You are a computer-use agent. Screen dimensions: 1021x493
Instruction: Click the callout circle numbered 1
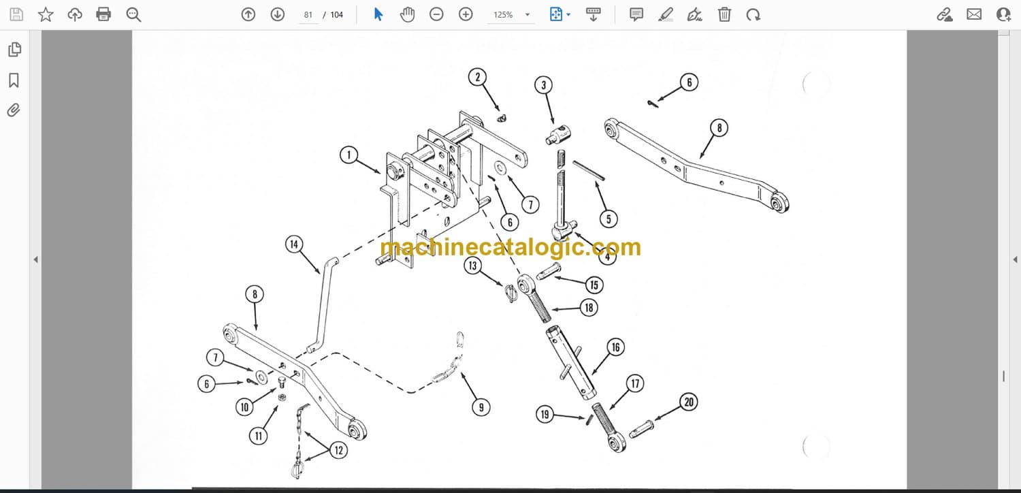(349, 155)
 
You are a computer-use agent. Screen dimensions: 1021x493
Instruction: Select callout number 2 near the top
(477, 77)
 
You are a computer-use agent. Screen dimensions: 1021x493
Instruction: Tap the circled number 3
(543, 85)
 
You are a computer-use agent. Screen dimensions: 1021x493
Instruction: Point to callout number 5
(609, 219)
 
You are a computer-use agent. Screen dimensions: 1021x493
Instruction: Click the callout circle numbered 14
(294, 244)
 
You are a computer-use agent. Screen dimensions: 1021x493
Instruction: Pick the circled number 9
(481, 407)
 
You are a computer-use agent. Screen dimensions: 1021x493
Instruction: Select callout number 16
(616, 347)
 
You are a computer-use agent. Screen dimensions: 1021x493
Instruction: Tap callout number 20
(689, 402)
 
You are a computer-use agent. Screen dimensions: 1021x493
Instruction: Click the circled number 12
(339, 451)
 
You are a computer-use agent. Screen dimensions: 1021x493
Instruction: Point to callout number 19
(545, 414)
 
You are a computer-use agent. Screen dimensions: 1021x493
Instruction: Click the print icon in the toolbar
(103, 14)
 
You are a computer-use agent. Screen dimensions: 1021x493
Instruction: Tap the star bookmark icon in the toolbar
(46, 14)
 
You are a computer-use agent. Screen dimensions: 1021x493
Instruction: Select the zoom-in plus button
(466, 14)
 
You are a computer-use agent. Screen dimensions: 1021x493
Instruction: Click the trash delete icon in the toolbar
(724, 14)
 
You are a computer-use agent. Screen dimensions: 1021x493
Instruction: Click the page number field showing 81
(308, 15)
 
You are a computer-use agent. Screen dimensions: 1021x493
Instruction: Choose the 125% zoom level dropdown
(510, 15)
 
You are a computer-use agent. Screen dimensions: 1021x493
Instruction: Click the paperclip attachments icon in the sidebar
(14, 110)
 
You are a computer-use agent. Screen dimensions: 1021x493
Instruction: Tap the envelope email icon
(974, 14)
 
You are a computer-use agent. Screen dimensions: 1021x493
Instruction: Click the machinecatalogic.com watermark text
(510, 247)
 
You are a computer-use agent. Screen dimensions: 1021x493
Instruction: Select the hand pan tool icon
(407, 14)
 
